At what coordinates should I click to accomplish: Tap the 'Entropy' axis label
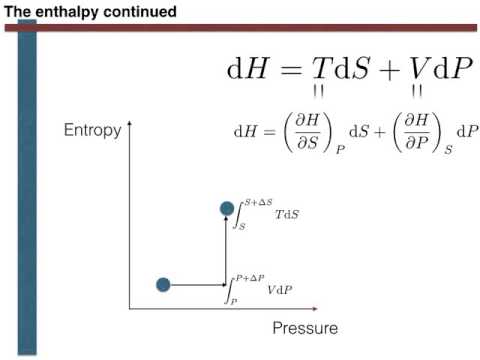click(x=93, y=130)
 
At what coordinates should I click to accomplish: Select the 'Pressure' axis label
click(x=305, y=327)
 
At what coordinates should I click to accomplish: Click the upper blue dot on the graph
click(x=227, y=208)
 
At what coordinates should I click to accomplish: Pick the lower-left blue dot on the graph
click(x=164, y=285)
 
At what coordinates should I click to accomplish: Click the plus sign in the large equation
click(x=383, y=70)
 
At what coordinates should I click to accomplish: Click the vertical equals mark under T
click(x=320, y=92)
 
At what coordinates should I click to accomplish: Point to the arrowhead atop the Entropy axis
click(x=131, y=124)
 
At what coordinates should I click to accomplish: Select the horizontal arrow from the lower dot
click(x=198, y=285)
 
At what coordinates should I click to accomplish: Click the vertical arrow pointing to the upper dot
click(x=227, y=250)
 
